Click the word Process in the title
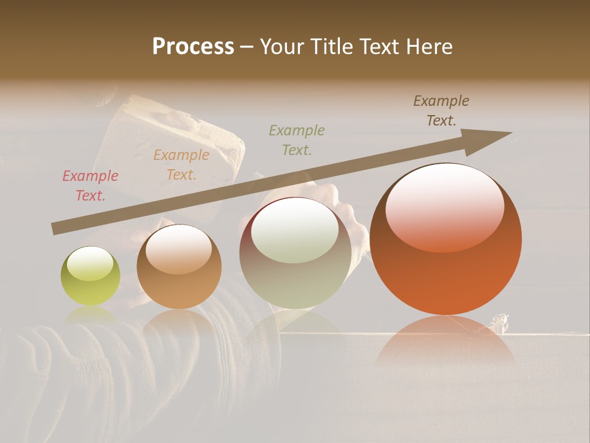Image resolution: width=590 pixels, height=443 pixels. (193, 46)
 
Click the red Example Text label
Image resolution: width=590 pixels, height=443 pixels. (90, 186)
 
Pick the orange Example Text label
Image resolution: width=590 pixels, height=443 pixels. (181, 165)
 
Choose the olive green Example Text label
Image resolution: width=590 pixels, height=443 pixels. (297, 140)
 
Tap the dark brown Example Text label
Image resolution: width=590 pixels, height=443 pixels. (441, 111)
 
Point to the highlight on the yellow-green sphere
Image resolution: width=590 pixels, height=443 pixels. (90, 263)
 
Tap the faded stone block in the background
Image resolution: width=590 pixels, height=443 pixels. (172, 142)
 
